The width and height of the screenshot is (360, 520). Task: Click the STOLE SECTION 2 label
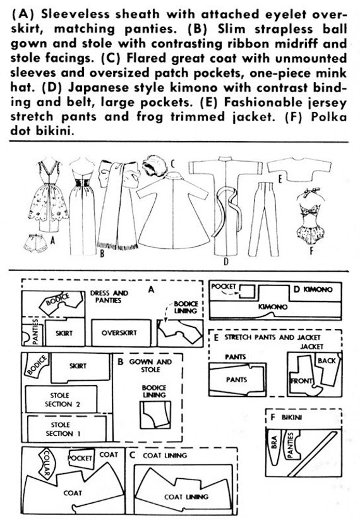[x=59, y=400]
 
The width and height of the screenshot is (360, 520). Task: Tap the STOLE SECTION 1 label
[x=60, y=429]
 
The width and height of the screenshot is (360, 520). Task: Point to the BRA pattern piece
[x=275, y=447]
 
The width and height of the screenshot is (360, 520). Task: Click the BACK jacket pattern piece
[x=328, y=370]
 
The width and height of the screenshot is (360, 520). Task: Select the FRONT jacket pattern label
[x=301, y=381]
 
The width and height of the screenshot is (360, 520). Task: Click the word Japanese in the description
[x=97, y=87]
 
